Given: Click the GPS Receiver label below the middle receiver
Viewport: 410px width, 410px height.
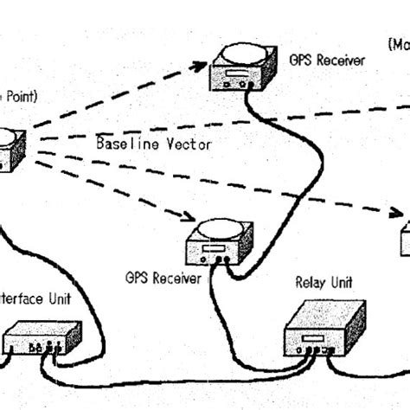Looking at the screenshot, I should tap(164, 278).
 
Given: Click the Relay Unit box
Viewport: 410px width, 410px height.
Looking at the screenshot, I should tap(324, 329).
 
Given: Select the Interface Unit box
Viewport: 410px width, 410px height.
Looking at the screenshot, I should tap(42, 338).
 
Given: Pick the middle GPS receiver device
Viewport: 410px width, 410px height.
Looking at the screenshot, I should tap(219, 243).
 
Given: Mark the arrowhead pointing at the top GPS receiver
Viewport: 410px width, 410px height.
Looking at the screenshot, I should tap(201, 65).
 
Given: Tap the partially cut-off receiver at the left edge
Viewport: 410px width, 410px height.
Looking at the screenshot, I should tap(9, 150).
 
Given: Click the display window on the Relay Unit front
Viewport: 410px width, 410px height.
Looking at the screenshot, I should tap(312, 337).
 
